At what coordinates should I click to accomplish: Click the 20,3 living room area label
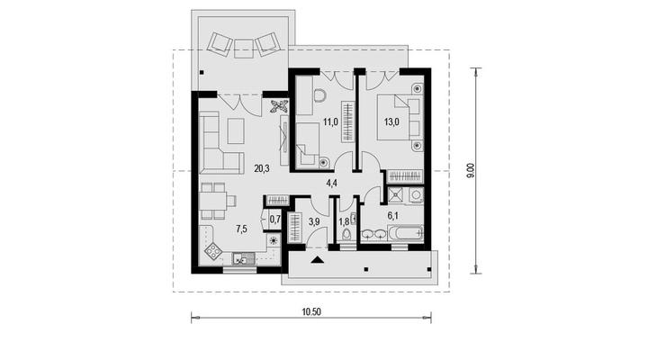[262, 168]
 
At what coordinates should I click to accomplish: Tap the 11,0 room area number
[330, 121]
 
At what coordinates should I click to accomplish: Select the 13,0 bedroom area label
[391, 121]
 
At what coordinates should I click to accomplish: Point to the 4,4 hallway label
[332, 183]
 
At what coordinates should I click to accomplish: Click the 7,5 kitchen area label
[241, 229]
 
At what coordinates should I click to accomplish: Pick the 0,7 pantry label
[274, 219]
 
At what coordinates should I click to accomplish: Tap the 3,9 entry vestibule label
[314, 221]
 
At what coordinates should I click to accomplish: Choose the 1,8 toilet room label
[344, 221]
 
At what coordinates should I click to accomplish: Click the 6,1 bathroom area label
[392, 215]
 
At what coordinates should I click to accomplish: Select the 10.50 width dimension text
[311, 311]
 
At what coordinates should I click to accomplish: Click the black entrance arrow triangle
[317, 259]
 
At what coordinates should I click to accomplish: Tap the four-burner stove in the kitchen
[212, 251]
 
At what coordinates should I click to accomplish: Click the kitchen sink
[239, 258]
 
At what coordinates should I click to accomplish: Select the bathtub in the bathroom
[405, 233]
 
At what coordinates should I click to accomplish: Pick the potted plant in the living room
[278, 106]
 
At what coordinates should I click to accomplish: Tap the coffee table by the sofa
[236, 131]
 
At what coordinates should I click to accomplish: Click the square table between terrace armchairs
[243, 49]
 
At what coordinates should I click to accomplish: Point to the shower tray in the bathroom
[396, 195]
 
